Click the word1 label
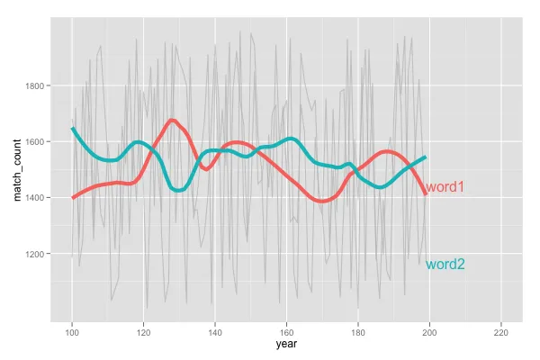(x=445, y=187)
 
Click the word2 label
(x=445, y=265)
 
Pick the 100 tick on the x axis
(x=72, y=327)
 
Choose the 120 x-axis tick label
(x=143, y=327)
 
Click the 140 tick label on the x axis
(x=215, y=327)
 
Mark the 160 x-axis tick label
(x=286, y=327)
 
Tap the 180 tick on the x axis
(x=358, y=327)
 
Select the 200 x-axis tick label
(x=429, y=327)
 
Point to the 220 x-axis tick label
(x=501, y=327)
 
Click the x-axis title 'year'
(x=287, y=343)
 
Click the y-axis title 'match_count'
(x=16, y=169)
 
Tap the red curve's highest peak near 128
(x=172, y=120)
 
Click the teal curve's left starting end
(x=73, y=129)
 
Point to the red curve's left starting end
(x=73, y=197)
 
